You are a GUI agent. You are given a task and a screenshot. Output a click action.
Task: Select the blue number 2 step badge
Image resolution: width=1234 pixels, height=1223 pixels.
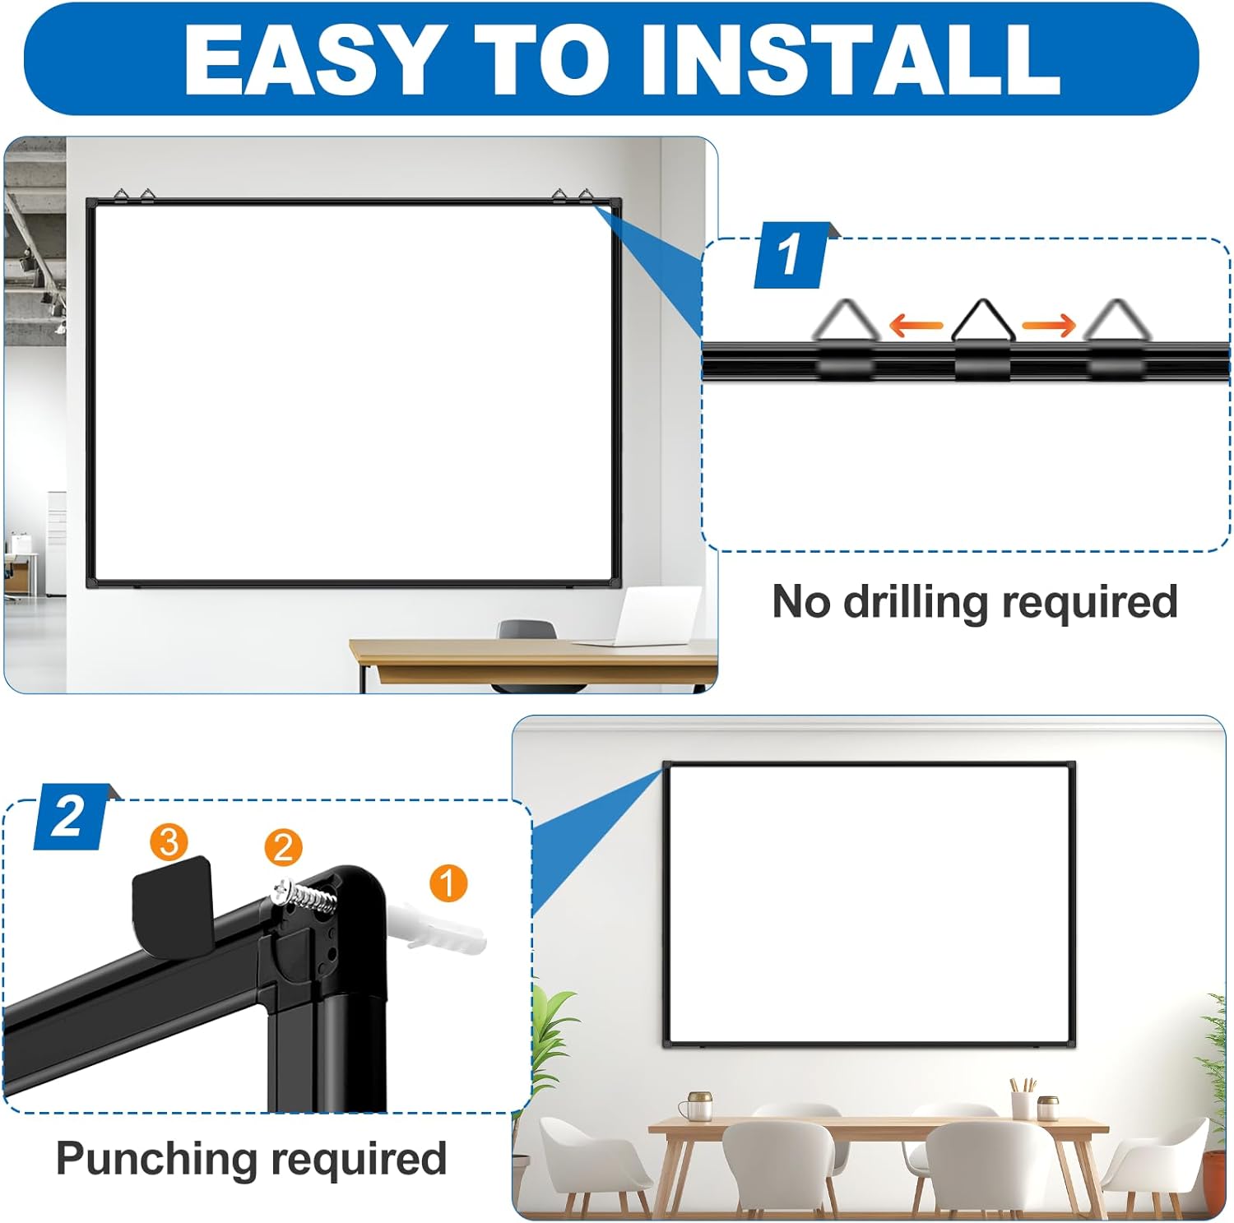click(71, 817)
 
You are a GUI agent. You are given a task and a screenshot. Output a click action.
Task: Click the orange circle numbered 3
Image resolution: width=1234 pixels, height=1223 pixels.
click(169, 841)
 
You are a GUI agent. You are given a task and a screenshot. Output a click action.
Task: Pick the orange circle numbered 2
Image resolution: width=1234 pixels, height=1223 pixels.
click(283, 847)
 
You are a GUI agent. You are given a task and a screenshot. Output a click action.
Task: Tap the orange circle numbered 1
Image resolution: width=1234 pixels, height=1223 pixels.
click(448, 883)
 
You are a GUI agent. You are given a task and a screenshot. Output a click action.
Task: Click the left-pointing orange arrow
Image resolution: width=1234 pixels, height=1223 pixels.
click(916, 326)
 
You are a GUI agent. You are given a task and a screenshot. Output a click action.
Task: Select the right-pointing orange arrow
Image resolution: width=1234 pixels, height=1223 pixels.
click(1049, 326)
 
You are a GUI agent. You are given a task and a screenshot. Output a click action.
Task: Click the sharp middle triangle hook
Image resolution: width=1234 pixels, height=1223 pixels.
click(981, 322)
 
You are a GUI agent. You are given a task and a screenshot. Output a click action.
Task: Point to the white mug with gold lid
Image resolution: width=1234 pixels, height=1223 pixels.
click(698, 1105)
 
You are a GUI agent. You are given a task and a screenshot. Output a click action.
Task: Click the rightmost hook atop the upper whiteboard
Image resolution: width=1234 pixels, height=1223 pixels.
click(585, 196)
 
